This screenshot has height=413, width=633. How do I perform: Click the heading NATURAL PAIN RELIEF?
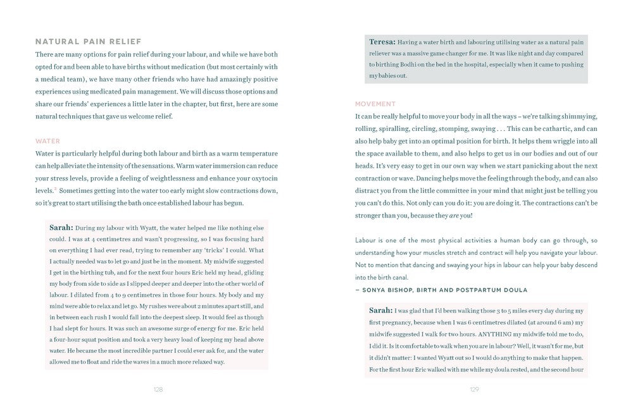click(88, 42)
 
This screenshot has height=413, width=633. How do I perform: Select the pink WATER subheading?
click(47, 141)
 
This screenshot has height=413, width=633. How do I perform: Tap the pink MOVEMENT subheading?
click(375, 104)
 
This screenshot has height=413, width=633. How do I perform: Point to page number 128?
click(158, 390)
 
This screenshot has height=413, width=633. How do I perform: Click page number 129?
click(474, 390)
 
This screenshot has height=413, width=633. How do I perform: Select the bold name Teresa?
click(382, 42)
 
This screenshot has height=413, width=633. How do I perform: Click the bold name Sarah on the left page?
click(61, 228)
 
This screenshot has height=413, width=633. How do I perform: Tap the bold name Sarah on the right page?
click(381, 311)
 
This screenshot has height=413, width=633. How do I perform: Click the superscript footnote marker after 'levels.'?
click(55, 188)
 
